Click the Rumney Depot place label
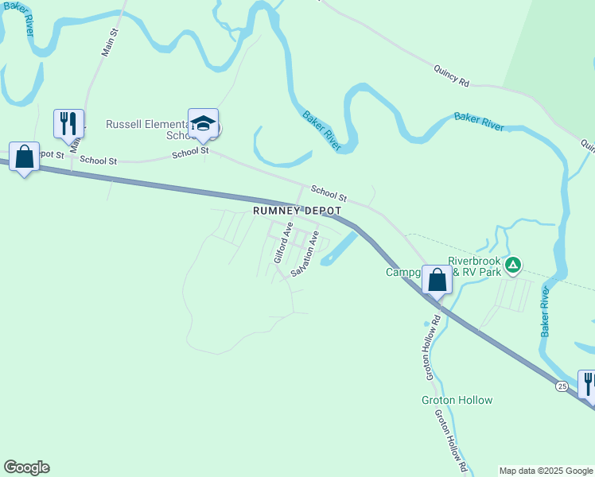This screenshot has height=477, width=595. tap(297, 211)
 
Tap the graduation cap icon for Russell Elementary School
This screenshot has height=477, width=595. tap(203, 123)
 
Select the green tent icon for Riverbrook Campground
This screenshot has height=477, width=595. tap(514, 264)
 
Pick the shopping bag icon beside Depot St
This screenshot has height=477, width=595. tap(25, 157)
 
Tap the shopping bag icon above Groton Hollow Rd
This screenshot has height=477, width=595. tap(437, 279)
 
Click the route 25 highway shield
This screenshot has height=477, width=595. tap(562, 386)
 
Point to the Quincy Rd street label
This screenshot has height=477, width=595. tap(452, 75)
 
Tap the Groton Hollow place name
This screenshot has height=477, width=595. tap(457, 400)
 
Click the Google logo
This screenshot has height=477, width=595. tap(26, 467)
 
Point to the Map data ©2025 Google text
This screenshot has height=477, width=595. tap(546, 471)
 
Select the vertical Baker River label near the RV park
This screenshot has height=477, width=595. tap(546, 312)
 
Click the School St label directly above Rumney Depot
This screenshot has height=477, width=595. tap(329, 193)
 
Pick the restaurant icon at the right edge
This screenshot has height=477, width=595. tap(587, 384)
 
